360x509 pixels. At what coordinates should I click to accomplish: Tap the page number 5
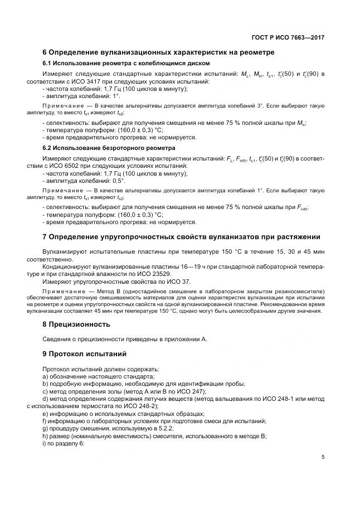(x=323, y=457)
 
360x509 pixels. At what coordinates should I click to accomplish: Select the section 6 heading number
(x=45, y=52)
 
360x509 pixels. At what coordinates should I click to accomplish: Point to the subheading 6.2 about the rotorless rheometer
(x=109, y=148)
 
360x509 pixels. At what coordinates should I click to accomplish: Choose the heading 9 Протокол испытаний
(x=85, y=354)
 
